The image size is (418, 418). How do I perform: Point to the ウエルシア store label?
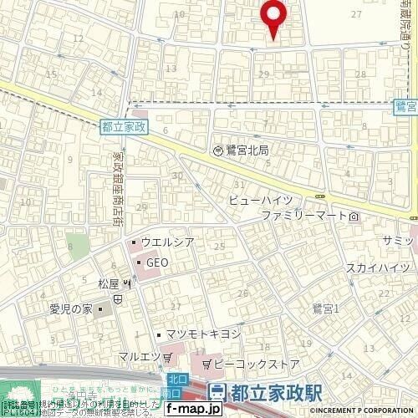[167, 243]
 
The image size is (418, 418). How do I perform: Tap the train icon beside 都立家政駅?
[217, 391]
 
